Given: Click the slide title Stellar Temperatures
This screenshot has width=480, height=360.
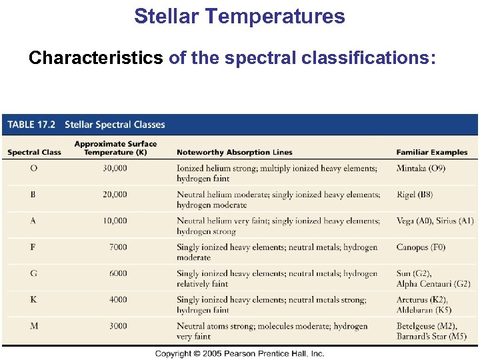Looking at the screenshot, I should click(x=239, y=16).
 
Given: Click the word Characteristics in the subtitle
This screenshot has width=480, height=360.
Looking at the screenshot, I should click(x=95, y=58).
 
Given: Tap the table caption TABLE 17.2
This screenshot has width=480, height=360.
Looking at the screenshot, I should click(x=31, y=125).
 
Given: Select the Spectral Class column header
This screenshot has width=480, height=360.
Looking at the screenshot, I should click(x=34, y=153).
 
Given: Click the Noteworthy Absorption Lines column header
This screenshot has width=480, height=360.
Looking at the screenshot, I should click(x=234, y=153).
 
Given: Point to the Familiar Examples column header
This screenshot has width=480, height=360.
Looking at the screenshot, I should click(x=431, y=153).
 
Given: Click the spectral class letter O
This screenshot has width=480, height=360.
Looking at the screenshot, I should click(x=33, y=169).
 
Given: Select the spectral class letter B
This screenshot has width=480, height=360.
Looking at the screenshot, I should click(x=33, y=195).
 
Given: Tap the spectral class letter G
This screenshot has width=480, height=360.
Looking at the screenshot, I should click(x=33, y=273).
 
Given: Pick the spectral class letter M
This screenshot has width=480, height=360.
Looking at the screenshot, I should click(x=33, y=326).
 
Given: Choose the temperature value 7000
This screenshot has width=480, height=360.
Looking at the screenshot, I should click(x=117, y=247).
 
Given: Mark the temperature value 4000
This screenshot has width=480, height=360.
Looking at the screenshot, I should click(x=117, y=300).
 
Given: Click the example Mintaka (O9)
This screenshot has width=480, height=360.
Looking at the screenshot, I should click(x=421, y=169).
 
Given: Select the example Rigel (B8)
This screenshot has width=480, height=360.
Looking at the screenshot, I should click(x=414, y=195).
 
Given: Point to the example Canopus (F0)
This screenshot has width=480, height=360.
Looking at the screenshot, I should click(x=421, y=247).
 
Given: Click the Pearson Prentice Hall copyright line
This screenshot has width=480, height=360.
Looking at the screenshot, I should click(x=239, y=353).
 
